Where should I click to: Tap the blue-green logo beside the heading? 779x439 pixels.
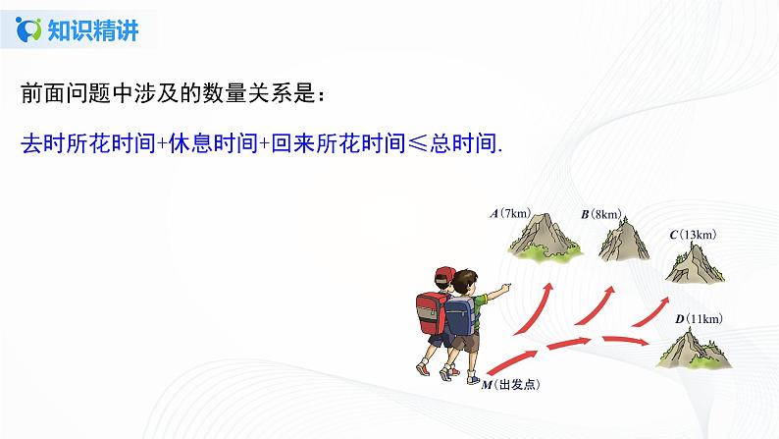tap(33, 30)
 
